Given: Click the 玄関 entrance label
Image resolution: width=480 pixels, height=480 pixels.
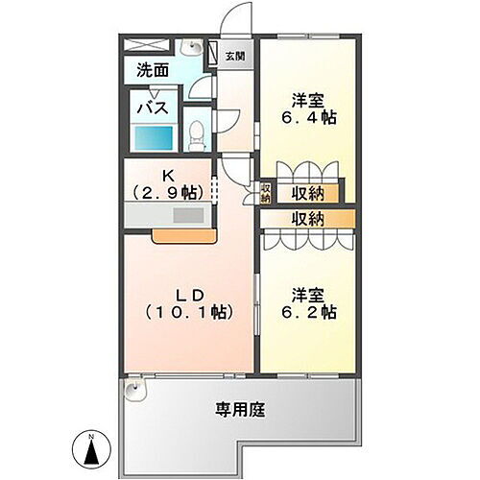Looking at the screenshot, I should (234, 56).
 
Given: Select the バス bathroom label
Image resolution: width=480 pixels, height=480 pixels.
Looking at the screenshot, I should (154, 107).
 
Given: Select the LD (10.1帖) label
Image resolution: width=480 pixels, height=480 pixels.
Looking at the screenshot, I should (190, 300).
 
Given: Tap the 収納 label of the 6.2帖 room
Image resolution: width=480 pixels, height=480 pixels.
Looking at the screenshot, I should (304, 219).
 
